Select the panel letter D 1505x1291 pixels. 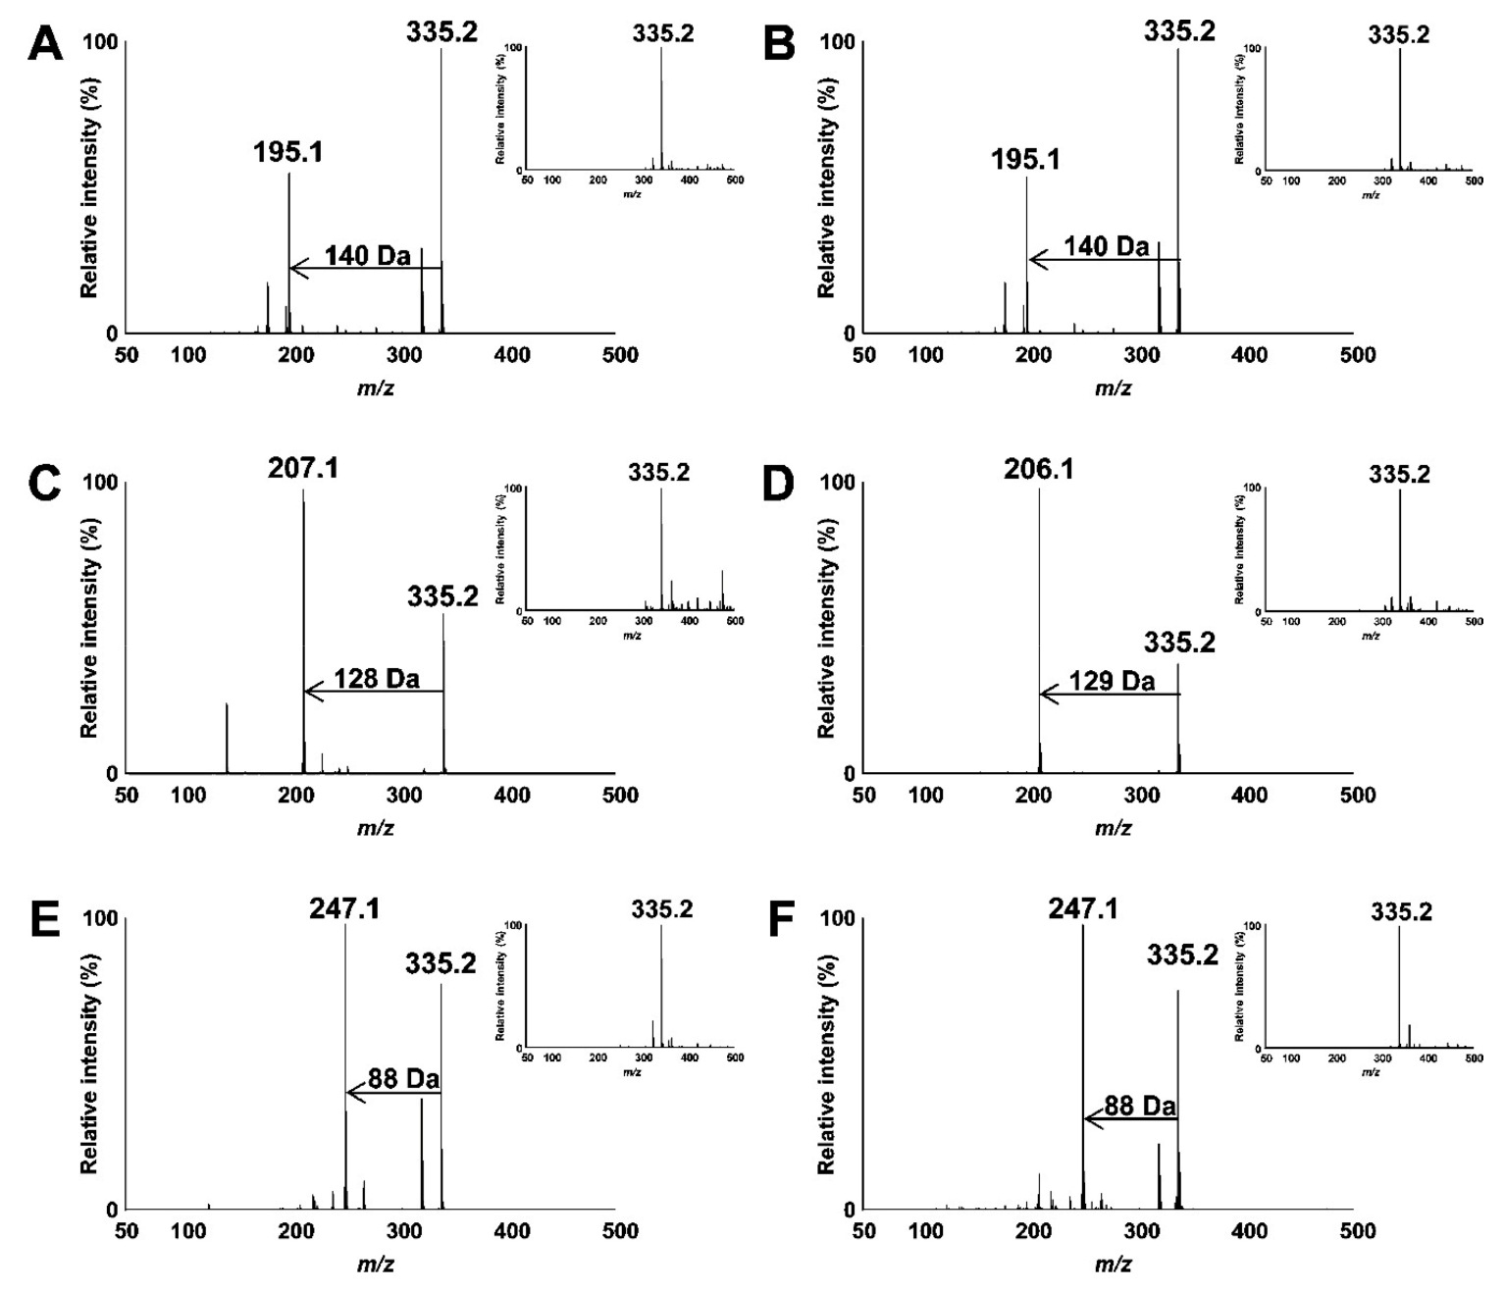tap(781, 483)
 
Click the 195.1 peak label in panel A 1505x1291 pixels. tap(287, 153)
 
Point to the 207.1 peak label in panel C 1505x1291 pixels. tap(303, 469)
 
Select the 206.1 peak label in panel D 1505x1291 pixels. tap(1038, 470)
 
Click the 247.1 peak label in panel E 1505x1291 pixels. tap(344, 909)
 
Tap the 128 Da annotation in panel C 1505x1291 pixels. tap(376, 678)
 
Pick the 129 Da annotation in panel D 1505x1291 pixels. tap(1112, 681)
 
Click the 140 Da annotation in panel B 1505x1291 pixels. tap(1107, 246)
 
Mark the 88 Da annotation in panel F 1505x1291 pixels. tap(1139, 1106)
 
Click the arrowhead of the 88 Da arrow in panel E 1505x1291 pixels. tap(351, 1093)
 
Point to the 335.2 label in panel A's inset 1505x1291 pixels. tap(662, 34)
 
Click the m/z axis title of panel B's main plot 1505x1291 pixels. tap(1113, 388)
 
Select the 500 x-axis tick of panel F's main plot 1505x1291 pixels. tap(1357, 1232)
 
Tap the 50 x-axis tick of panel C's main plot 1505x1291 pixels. tap(127, 795)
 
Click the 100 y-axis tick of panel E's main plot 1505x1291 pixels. tap(99, 919)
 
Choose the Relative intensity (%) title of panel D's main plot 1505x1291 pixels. tap(827, 628)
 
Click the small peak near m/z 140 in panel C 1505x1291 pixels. tap(227, 738)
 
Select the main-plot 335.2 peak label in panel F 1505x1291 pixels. tap(1181, 955)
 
